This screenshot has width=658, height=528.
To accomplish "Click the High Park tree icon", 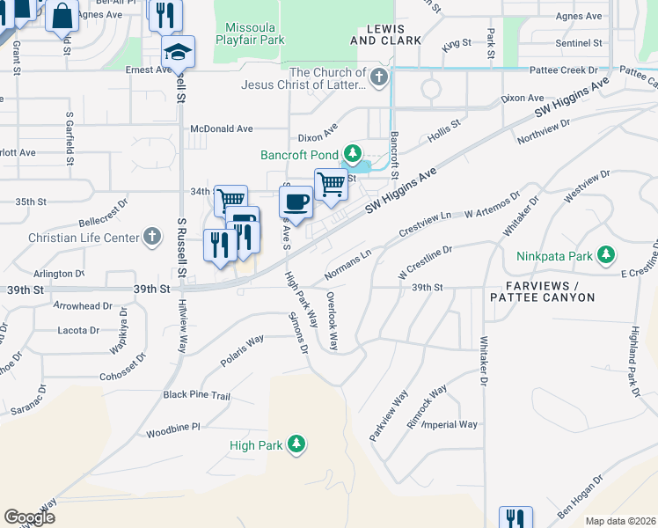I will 297,445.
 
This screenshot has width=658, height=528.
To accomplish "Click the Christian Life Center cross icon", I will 152,238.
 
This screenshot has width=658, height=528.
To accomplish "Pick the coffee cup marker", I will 296,202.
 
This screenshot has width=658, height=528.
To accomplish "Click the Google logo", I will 29,517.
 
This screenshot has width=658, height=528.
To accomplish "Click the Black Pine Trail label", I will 196,396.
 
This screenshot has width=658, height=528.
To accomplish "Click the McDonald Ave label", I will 222,128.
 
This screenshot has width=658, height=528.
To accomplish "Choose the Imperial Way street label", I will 449,425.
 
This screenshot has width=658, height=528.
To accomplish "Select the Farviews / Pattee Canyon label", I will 551,292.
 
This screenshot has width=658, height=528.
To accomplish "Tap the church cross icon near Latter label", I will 379,78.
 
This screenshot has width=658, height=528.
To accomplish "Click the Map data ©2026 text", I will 620,521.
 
